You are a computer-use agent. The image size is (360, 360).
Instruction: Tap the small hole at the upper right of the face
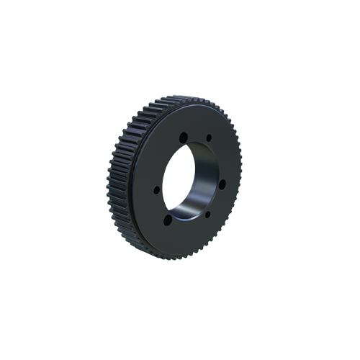(x=209, y=137)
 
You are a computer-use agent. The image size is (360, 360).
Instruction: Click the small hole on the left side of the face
(x=156, y=190)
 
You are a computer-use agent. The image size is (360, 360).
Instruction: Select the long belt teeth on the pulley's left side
(x=119, y=180)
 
